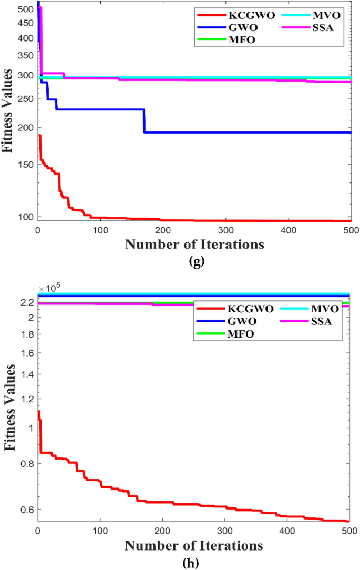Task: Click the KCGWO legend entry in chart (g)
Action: coord(231,15)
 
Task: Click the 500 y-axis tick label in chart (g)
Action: coord(24,9)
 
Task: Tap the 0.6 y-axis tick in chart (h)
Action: coord(27,510)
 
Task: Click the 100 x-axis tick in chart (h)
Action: coord(100,532)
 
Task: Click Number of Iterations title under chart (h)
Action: coord(194,546)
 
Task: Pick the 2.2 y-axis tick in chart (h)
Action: coord(27,302)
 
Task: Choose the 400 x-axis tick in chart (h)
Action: coord(289,532)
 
